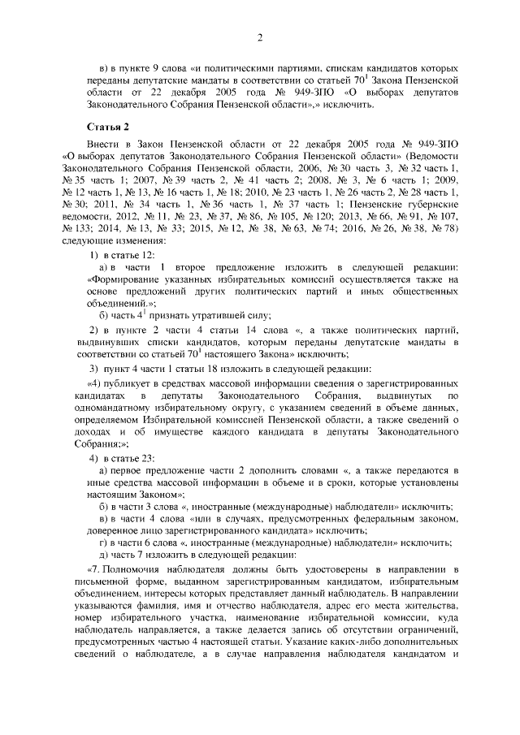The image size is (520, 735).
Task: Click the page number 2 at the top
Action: [260, 37]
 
